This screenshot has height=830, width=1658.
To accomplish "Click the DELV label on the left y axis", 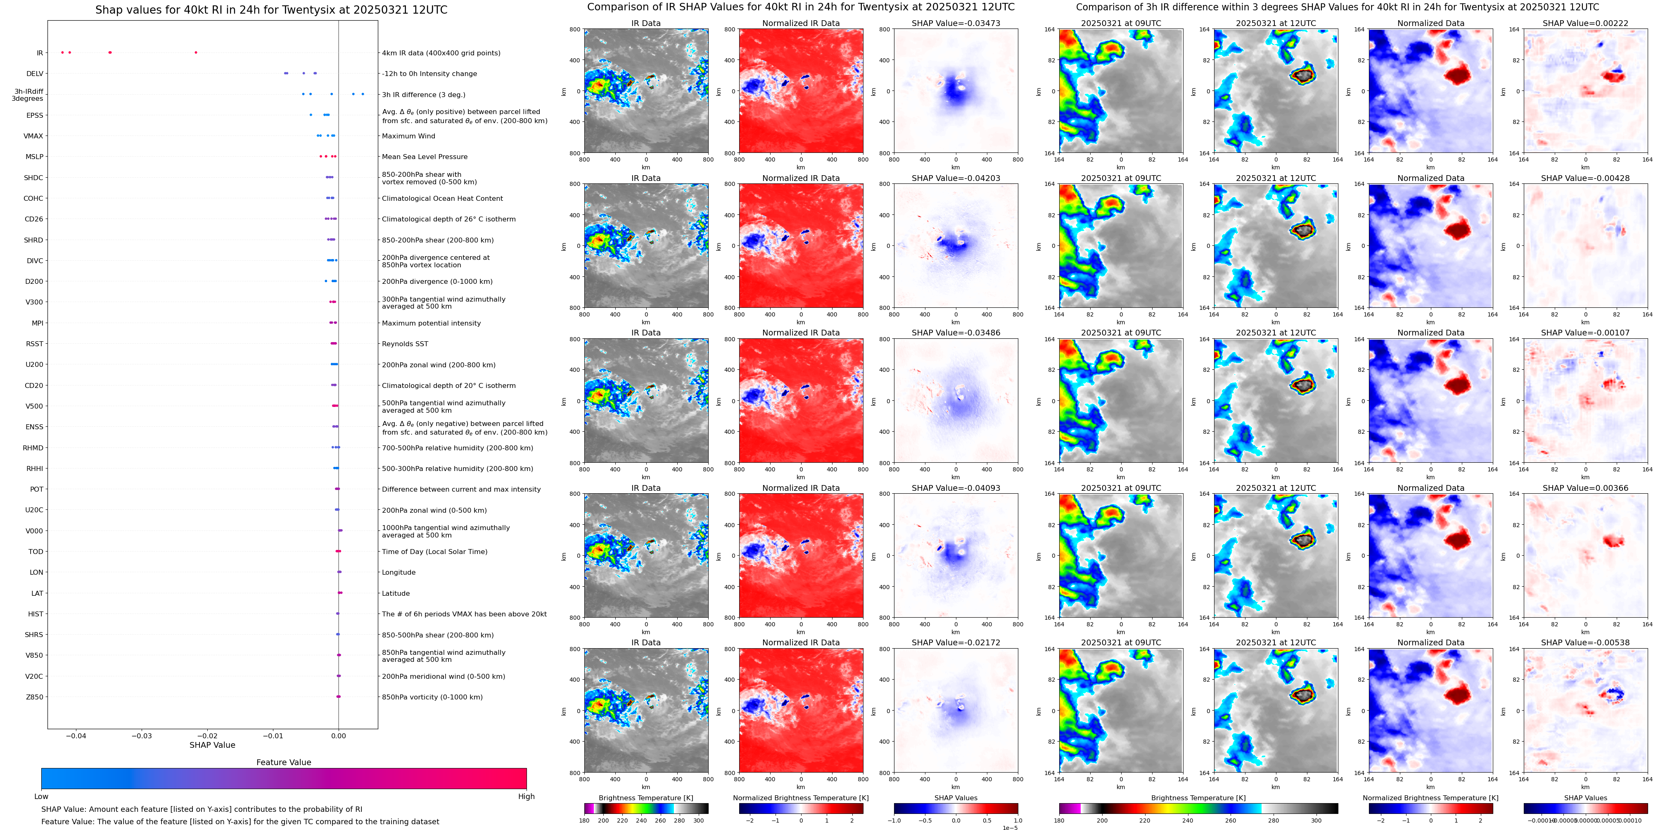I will pyautogui.click(x=35, y=74).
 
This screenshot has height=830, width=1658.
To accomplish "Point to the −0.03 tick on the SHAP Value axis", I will pyautogui.click(x=142, y=735).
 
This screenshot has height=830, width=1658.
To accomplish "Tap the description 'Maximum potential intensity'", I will pyautogui.click(x=431, y=323).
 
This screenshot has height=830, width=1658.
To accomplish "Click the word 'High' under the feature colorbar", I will pyautogui.click(x=526, y=797).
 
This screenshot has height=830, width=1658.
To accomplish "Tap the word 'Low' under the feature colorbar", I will pyautogui.click(x=41, y=797).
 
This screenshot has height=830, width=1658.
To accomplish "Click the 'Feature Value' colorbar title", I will pyautogui.click(x=283, y=762).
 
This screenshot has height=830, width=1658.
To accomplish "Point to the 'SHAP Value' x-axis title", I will pyautogui.click(x=212, y=745).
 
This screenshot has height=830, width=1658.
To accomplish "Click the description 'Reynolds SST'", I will pyautogui.click(x=405, y=344).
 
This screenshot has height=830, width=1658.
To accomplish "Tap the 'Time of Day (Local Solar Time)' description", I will pyautogui.click(x=434, y=552).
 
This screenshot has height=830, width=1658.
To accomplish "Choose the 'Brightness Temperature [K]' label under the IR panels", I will pyautogui.click(x=645, y=798).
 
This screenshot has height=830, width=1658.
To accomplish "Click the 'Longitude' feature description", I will pyautogui.click(x=398, y=573).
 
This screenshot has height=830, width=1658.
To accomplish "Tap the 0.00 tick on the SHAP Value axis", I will pyautogui.click(x=339, y=735).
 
